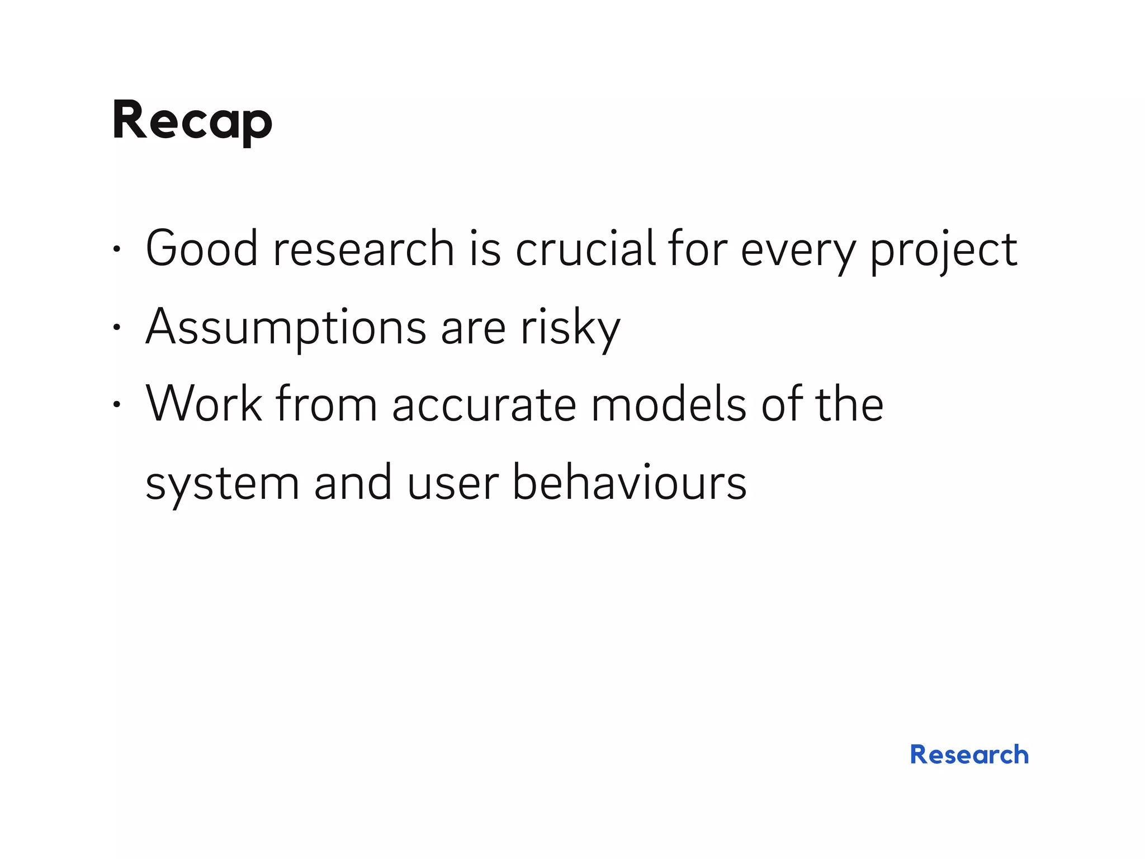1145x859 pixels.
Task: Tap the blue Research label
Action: click(x=969, y=754)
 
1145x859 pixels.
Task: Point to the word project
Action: click(x=943, y=250)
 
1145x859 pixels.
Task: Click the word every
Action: click(x=798, y=250)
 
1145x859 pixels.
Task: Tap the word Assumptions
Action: click(x=286, y=327)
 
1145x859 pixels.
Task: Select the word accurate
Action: click(x=484, y=405)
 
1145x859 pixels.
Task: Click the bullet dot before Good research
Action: click(x=116, y=249)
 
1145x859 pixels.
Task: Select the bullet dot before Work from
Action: click(x=116, y=404)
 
